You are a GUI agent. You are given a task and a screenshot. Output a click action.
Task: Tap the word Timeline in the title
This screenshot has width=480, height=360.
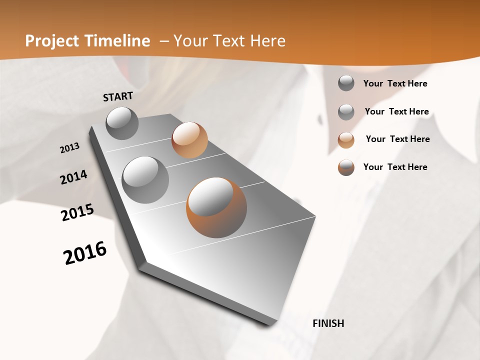[118, 41]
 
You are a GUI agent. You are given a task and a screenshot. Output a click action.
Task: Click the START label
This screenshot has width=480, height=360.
[118, 96]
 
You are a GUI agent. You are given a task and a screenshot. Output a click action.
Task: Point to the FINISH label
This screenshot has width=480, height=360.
[328, 323]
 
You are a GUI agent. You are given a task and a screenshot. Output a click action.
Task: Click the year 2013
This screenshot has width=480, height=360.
[69, 148]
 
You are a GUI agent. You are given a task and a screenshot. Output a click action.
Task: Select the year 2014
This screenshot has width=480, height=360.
[73, 177]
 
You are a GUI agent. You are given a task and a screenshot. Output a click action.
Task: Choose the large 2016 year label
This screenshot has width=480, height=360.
[85, 253]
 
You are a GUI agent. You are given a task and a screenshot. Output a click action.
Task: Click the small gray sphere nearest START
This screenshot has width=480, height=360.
[122, 123]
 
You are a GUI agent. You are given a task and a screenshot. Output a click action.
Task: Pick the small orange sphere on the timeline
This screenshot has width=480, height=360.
[189, 140]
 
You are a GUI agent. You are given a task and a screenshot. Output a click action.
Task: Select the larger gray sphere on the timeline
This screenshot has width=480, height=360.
[145, 180]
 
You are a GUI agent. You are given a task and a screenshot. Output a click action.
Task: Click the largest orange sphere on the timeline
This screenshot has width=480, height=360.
[216, 207]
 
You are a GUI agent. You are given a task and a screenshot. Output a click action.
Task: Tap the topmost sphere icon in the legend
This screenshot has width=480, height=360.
[346, 83]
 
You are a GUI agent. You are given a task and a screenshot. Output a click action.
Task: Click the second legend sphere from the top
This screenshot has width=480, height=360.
[346, 112]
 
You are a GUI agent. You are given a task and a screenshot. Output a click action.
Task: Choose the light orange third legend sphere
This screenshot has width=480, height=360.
[346, 140]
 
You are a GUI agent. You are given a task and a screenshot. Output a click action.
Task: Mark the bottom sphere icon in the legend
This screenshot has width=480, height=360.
[346, 167]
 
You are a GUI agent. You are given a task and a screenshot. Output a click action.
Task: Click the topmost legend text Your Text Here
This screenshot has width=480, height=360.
[395, 83]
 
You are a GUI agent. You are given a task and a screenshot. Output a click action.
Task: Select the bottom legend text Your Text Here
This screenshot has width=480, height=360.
[395, 167]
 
